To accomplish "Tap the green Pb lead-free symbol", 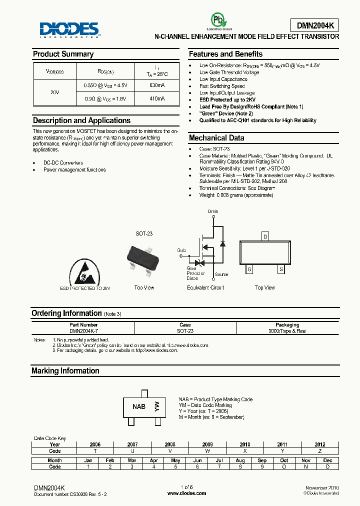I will [216, 20].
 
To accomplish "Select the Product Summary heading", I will [63, 54].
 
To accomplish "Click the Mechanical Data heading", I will [216, 138].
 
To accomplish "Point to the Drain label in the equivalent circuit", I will [213, 211].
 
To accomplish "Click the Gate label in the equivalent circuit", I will [181, 249].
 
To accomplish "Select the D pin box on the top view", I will [265, 236].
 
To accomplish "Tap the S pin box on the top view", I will [281, 269].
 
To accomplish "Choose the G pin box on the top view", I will [249, 269].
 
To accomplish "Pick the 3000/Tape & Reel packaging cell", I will [287, 331].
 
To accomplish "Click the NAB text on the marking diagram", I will [139, 406].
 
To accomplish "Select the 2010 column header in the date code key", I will [245, 444].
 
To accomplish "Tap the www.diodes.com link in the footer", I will [186, 493].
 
